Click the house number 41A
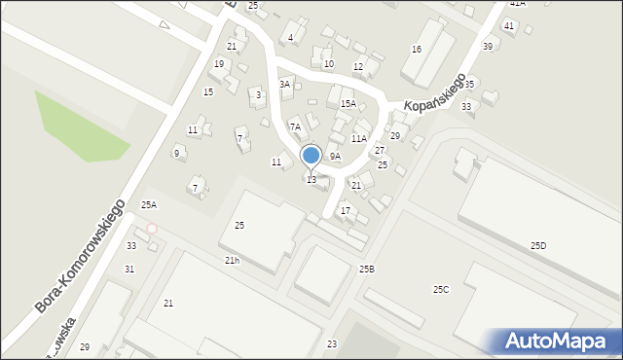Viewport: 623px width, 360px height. click(x=517, y=4)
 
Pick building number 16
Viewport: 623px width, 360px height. click(x=417, y=50)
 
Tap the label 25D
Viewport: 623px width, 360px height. click(x=538, y=246)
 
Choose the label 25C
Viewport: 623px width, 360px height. click(x=441, y=289)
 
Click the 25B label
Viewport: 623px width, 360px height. click(x=366, y=269)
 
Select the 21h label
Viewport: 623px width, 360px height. click(x=232, y=261)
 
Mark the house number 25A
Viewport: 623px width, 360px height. click(x=149, y=204)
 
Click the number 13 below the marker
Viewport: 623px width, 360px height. click(x=311, y=180)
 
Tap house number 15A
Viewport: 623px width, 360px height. click(x=348, y=103)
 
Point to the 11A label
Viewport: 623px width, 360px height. click(x=359, y=139)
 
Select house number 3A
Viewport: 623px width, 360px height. click(x=285, y=85)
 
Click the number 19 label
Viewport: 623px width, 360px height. click(x=219, y=64)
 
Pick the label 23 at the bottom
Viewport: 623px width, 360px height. click(x=332, y=344)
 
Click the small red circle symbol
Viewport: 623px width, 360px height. click(x=151, y=229)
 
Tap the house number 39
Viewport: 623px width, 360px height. click(x=487, y=47)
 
